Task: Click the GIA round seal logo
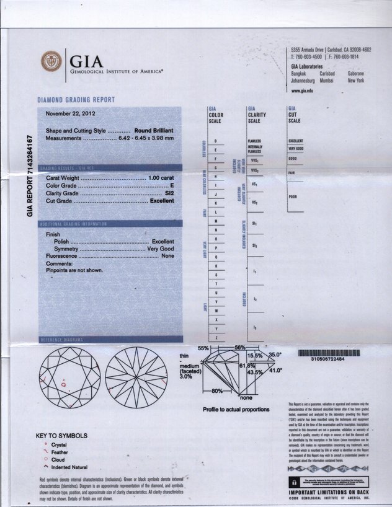[x=51, y=61]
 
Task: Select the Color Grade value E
[x=172, y=185]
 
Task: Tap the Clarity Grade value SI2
[x=169, y=193]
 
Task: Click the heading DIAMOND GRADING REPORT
[x=76, y=100]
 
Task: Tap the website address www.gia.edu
[x=302, y=90]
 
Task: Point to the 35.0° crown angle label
[x=275, y=355]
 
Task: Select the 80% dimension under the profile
[x=217, y=391]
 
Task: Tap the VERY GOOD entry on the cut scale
[x=295, y=149]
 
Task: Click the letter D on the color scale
[x=215, y=142]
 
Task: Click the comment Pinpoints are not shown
[x=74, y=270]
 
